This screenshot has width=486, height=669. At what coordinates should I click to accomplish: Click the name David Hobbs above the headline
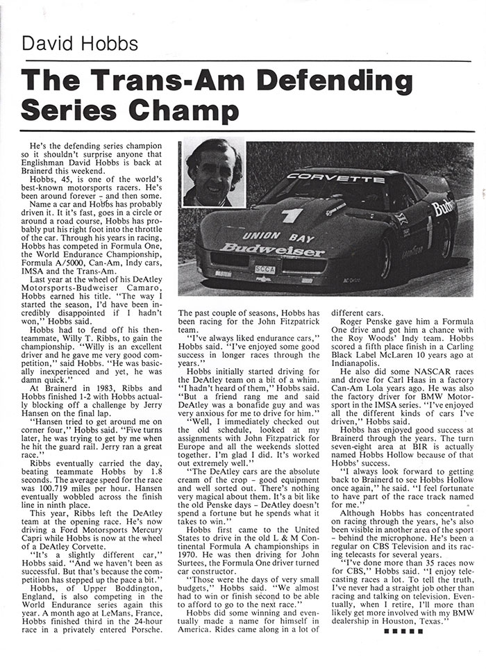[80, 44]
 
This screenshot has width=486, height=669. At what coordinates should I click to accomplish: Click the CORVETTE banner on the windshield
[336, 179]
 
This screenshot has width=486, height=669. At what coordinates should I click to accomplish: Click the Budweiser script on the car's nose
[272, 249]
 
